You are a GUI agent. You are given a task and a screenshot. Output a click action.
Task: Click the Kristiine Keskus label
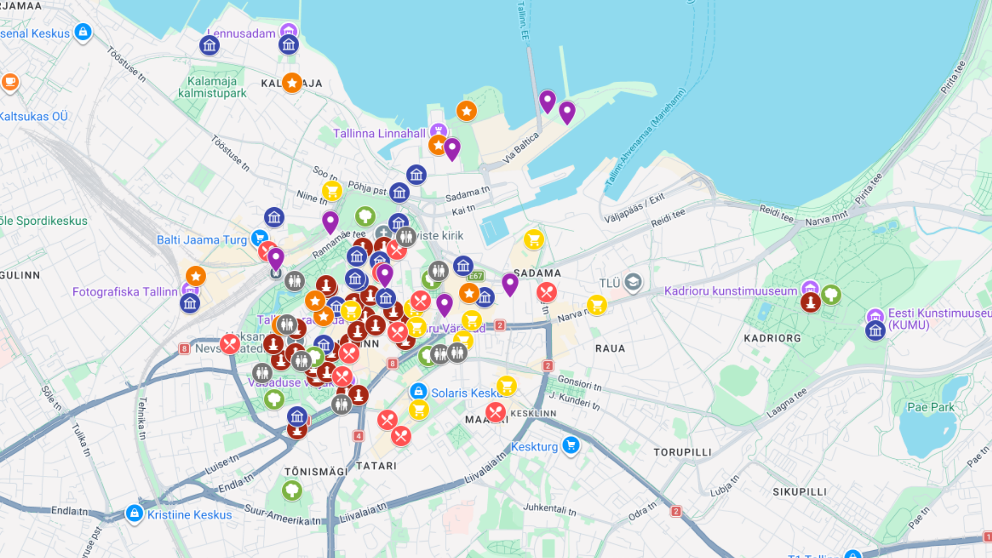pos(189,515)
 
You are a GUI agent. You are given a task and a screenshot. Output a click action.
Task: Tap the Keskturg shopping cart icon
pos(571,445)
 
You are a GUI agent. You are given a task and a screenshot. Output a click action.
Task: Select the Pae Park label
pos(931,407)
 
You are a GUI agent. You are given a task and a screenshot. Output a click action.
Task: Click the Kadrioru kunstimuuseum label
pos(731,291)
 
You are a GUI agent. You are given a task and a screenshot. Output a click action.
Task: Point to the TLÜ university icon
pos(633,282)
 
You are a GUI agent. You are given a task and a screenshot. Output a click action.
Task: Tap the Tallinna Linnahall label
pos(379,133)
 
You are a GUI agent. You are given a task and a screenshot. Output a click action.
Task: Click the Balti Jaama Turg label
pos(202,240)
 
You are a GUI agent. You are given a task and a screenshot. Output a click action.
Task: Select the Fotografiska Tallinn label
pos(125,292)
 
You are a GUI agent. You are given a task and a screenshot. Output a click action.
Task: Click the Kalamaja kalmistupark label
pos(212,87)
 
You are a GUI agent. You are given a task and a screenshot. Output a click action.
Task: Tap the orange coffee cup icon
pos(10,82)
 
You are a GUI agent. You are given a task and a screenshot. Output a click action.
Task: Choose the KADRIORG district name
pos(772,338)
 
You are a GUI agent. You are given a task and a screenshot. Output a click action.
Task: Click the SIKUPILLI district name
pos(799,492)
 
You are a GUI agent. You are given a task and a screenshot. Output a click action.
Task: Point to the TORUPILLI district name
pos(683,452)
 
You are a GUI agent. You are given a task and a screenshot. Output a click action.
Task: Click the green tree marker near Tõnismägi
pos(292,489)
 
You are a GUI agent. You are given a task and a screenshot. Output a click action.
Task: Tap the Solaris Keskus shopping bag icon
pos(418,391)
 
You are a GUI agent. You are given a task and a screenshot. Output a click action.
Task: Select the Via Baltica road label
pos(521,147)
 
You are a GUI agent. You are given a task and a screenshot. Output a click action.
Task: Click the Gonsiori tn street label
pos(579,382)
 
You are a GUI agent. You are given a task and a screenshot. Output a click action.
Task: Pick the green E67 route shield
pos(475,276)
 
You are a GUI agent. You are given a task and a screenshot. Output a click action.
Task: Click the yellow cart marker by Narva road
pos(597,305)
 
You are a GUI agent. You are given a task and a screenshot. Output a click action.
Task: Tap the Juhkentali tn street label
pos(549,509)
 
